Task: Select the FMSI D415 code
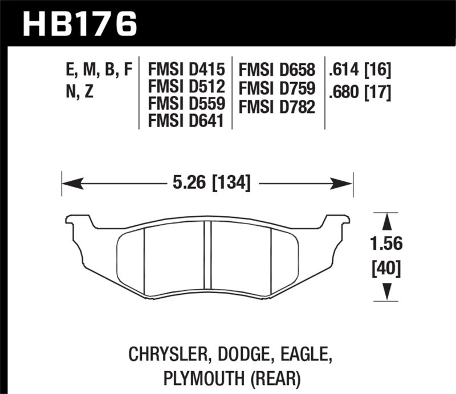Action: (x=186, y=70)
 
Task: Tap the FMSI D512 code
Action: (x=186, y=87)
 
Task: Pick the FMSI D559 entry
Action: (x=186, y=104)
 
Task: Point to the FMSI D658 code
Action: (x=277, y=70)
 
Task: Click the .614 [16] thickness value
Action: (x=359, y=70)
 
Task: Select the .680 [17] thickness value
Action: (x=359, y=91)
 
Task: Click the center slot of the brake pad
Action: (x=207, y=259)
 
